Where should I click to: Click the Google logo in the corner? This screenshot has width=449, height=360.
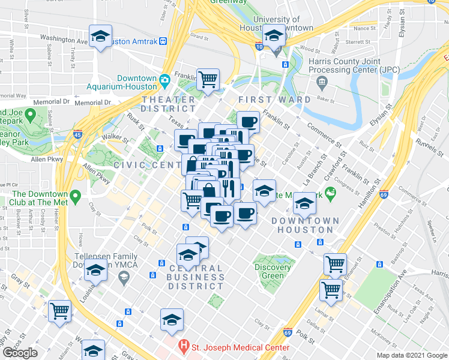pyautogui.click(x=20, y=353)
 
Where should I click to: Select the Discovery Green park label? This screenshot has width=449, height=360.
pyautogui.click(x=277, y=272)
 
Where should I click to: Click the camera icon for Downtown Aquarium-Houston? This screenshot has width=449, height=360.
pyautogui.click(x=164, y=79)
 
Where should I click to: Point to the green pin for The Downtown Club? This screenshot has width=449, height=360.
pyautogui.click(x=76, y=196)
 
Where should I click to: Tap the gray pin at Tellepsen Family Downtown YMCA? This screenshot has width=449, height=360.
pyautogui.click(x=124, y=277)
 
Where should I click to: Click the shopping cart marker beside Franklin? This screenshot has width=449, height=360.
pyautogui.click(x=208, y=79)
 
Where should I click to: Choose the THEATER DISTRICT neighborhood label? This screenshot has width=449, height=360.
pyautogui.click(x=169, y=104)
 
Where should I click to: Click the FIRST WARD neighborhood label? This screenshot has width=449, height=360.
pyautogui.click(x=274, y=99)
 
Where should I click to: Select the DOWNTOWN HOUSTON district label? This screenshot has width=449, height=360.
pyautogui.click(x=305, y=226)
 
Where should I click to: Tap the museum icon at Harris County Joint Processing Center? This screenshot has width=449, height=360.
pyautogui.click(x=322, y=81)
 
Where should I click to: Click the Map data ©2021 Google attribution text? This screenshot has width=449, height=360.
pyautogui.click(x=410, y=355)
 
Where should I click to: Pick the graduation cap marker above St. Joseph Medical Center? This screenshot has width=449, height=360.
pyautogui.click(x=172, y=320)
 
